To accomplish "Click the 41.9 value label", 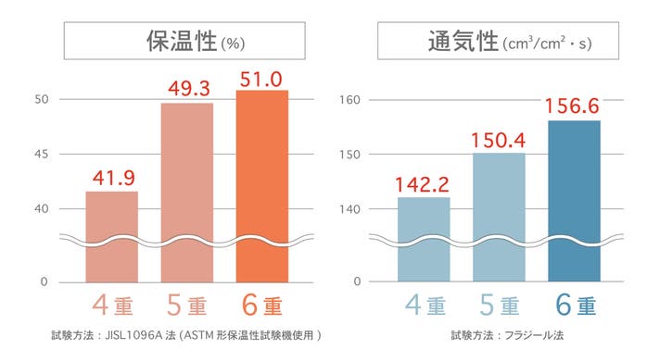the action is click(114, 178).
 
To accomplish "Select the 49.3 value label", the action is click(188, 89).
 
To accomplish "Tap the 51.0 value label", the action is click(261, 80).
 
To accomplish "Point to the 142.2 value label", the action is click(422, 184).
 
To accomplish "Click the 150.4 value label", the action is click(499, 140).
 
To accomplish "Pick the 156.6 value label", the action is click(572, 106).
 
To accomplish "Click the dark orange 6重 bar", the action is click(262, 186).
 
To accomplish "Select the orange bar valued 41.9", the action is click(112, 237).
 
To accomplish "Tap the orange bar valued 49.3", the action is click(187, 193).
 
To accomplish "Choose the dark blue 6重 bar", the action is click(574, 201).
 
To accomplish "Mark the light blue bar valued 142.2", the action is click(424, 239).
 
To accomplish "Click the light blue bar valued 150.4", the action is click(500, 217).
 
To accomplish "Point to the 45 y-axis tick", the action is click(41, 155).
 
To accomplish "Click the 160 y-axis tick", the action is click(349, 100).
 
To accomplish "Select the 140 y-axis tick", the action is click(349, 209).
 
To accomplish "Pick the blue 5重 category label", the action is click(500, 305).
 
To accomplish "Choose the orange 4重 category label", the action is click(112, 305).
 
